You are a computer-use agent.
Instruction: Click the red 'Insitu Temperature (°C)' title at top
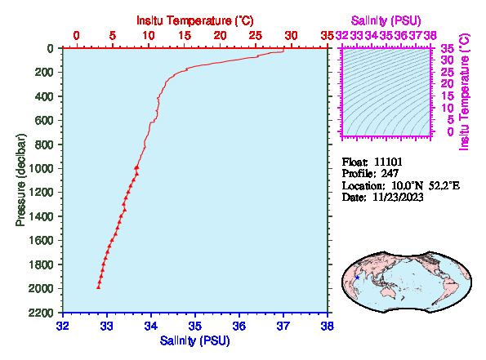[195, 20]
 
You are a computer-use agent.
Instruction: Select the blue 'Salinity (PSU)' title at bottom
[195, 340]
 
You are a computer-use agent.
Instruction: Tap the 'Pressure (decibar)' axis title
[20, 180]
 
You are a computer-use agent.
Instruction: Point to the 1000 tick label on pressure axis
[41, 168]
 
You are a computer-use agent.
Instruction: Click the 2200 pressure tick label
[41, 313]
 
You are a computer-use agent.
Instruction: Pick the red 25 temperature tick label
[256, 36]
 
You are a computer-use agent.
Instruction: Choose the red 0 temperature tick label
[76, 36]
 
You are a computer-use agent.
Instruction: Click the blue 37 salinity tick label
[283, 327]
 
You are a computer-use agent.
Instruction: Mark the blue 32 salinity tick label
[63, 327]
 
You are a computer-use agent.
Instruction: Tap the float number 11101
[388, 162]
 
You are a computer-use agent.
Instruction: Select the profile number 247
[390, 174]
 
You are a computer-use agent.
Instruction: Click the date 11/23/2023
[398, 197]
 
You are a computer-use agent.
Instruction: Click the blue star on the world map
[358, 278]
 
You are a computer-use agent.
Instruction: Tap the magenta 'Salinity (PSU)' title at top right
[386, 20]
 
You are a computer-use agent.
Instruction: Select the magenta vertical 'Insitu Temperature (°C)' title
[465, 92]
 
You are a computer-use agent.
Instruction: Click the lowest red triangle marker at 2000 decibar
[99, 287]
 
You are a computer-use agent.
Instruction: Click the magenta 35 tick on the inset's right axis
[448, 49]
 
